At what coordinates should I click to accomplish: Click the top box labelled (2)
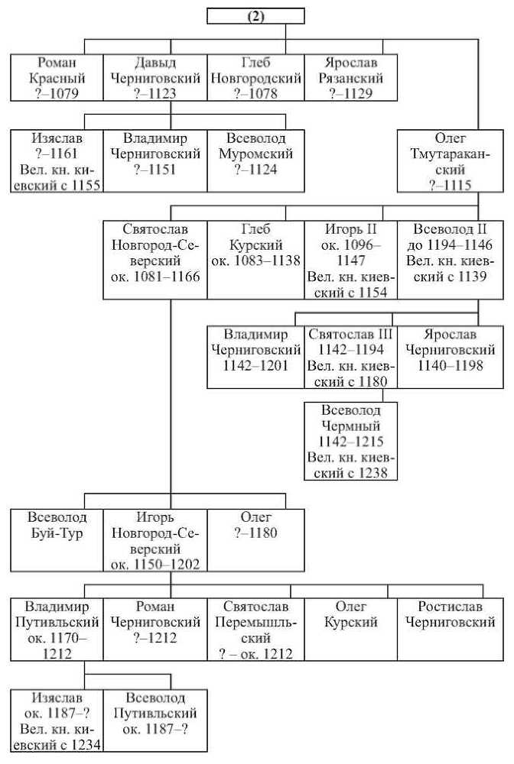(255, 16)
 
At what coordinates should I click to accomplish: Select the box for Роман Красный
(57, 77)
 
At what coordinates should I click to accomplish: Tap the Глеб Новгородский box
(256, 77)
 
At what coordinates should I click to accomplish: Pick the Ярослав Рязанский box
(351, 77)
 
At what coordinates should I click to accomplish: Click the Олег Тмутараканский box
(450, 160)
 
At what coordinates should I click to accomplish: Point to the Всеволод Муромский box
(256, 160)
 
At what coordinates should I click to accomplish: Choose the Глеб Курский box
(256, 260)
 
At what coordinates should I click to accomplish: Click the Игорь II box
(351, 260)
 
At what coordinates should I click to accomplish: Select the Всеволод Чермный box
(351, 441)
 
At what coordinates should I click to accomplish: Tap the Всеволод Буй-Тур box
(57, 540)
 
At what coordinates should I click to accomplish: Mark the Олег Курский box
(351, 629)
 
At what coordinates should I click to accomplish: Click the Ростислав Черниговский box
(450, 629)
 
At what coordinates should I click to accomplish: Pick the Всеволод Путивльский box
(155, 720)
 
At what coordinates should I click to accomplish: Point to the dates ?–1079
(57, 93)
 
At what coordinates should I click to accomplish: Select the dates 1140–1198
(450, 365)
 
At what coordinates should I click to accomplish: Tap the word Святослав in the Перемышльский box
(256, 606)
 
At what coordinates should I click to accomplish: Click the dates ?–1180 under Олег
(256, 533)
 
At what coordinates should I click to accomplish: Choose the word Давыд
(155, 63)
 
